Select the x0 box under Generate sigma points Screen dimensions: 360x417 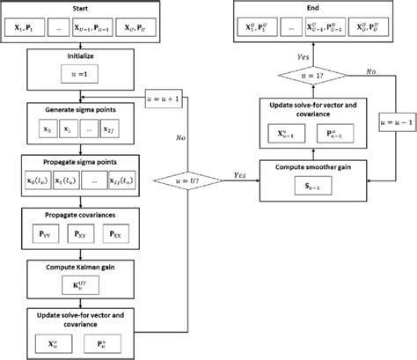[x=38, y=130]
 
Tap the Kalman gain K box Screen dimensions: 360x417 [x=79, y=286]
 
